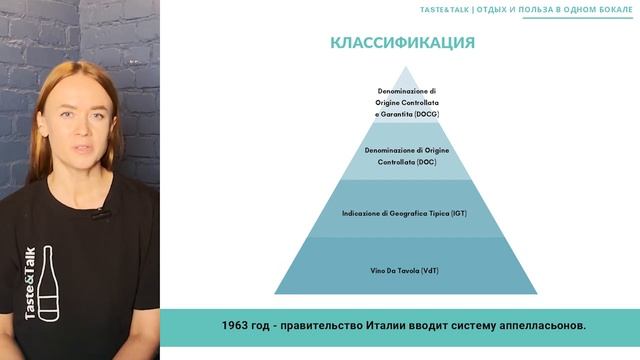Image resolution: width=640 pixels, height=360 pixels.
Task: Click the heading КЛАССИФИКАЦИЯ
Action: [x=402, y=43]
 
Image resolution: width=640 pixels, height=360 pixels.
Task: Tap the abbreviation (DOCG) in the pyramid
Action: [x=425, y=115]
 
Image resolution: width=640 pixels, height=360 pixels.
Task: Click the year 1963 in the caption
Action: [x=237, y=325]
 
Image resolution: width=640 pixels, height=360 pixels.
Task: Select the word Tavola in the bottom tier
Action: [x=404, y=270]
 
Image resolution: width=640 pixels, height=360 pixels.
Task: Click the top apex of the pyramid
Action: [x=405, y=66]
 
